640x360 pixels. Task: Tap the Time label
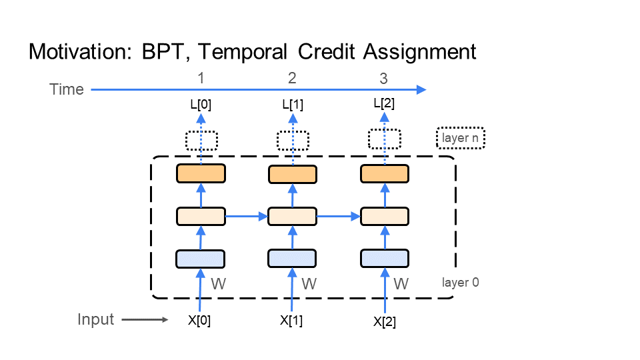pos(67,89)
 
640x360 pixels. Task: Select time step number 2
pos(292,78)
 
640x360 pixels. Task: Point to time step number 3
pos(383,78)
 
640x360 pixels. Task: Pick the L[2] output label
pos(384,103)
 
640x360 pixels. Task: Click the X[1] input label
pos(291,320)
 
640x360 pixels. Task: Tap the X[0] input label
pos(199,320)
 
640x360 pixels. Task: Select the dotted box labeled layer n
pos(460,139)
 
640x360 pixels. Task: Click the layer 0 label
pos(460,282)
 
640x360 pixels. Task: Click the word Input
pos(95,320)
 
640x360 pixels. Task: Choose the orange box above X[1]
pos(292,174)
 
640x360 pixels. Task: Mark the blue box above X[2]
pos(384,258)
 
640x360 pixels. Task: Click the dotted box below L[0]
pos(201,141)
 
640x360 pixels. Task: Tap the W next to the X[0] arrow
pos(217,284)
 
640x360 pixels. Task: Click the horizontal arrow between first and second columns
pos(246,216)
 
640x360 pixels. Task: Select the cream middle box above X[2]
pos(384,217)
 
